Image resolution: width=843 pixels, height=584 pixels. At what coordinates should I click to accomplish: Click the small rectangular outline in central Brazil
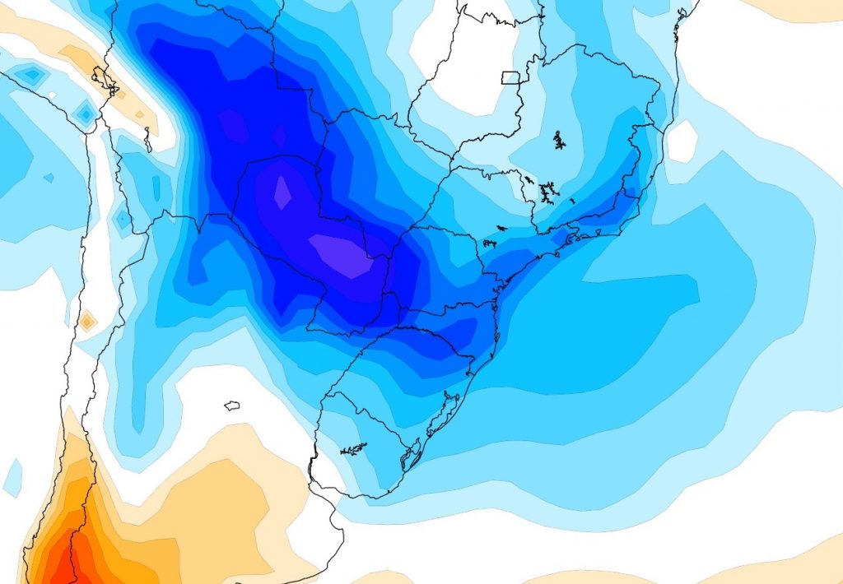510,77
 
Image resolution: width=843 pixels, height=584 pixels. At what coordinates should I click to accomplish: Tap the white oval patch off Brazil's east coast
682,141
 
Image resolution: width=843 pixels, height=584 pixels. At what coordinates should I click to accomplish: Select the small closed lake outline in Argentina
232,405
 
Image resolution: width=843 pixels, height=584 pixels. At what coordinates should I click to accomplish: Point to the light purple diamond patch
282,192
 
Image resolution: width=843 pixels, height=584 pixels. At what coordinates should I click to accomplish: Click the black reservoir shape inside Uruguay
354,449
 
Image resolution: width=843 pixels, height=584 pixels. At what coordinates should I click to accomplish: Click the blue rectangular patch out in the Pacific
31,74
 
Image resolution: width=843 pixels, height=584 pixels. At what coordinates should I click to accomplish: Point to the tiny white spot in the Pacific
52,95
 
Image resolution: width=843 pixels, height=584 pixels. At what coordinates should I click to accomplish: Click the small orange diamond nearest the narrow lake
138,114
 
